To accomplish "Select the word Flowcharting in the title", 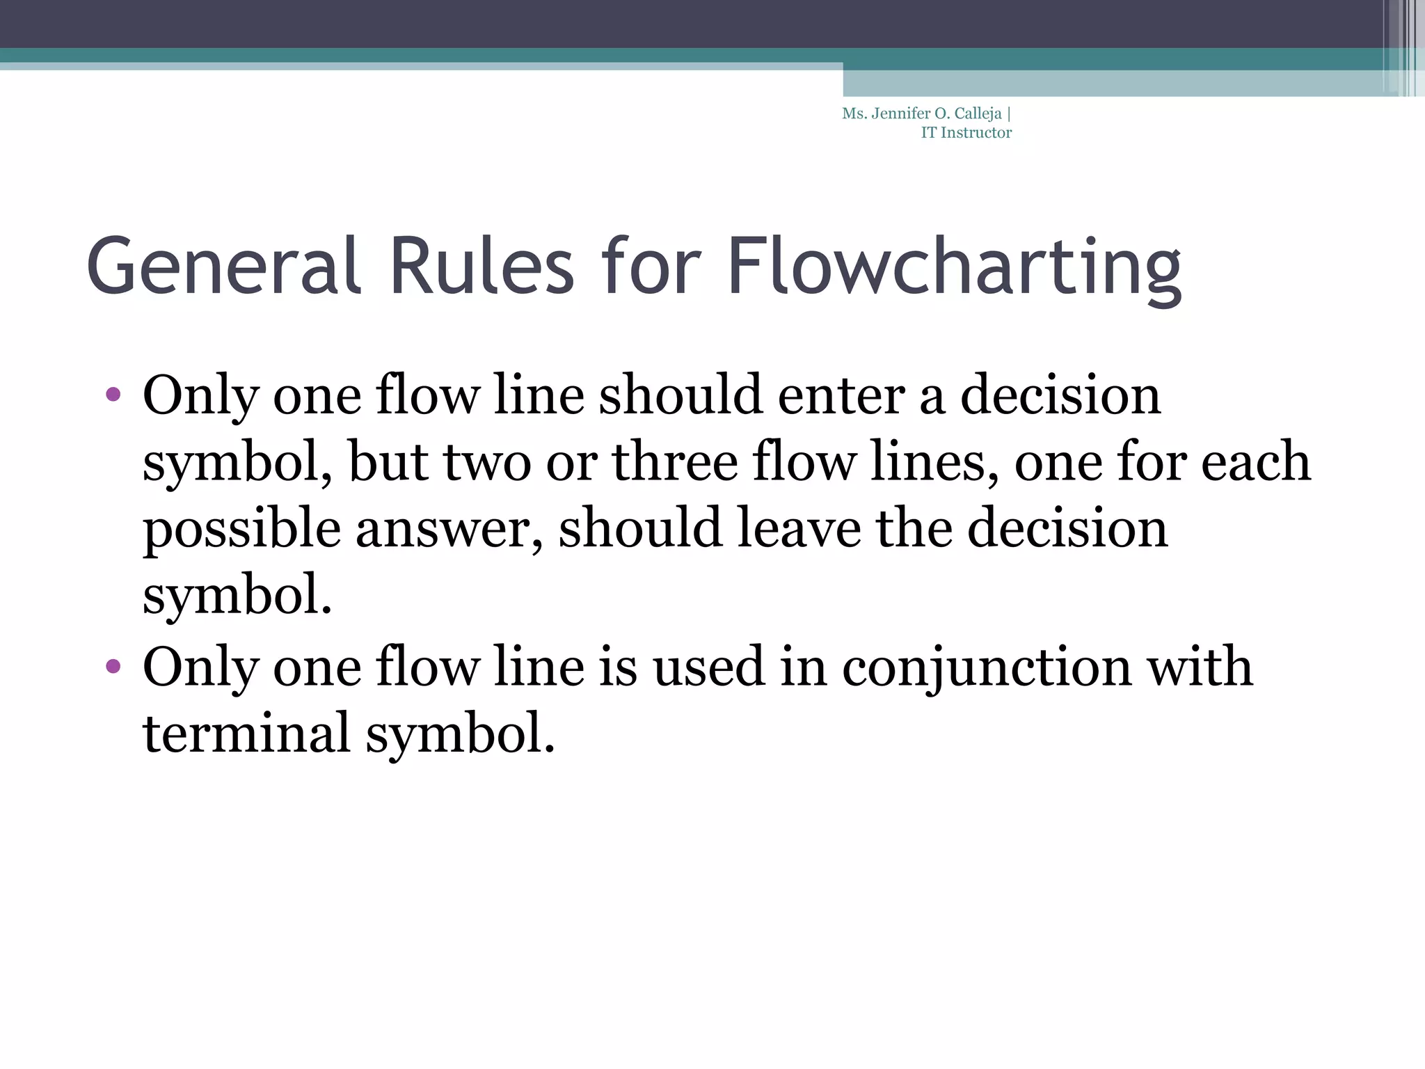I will point(953,268).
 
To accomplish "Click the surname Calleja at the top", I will point(978,114).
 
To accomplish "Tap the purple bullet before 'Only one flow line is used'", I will point(113,667).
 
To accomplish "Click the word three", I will point(674,461).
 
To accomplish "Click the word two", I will point(487,461).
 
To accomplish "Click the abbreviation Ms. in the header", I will point(854,113).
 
